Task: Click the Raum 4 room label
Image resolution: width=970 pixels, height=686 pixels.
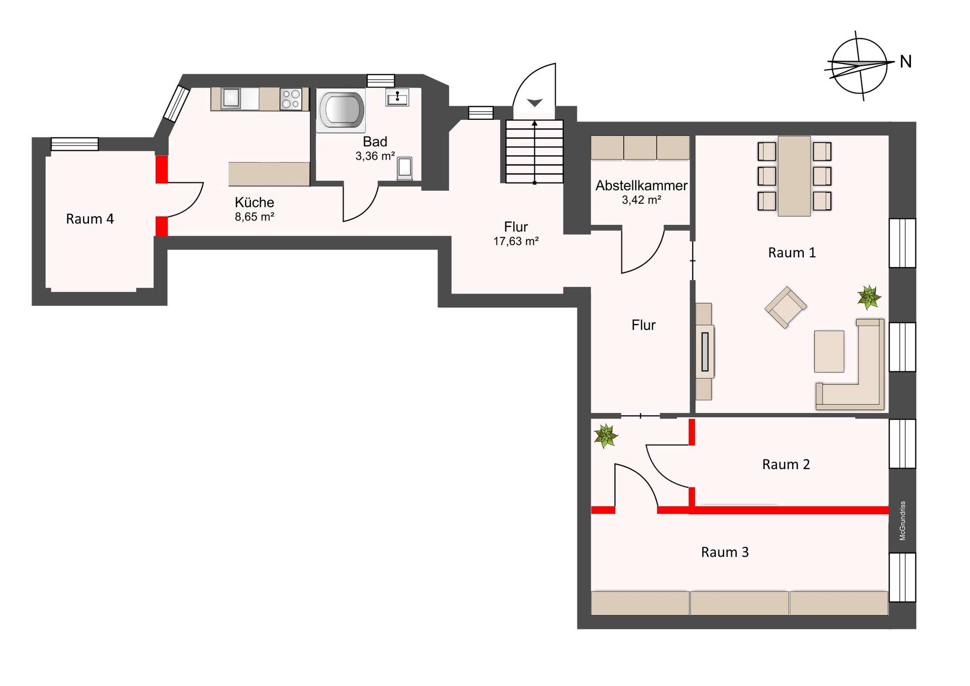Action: click(90, 219)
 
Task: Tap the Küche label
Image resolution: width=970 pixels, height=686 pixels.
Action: click(254, 202)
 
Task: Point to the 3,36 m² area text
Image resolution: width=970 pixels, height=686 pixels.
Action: click(375, 156)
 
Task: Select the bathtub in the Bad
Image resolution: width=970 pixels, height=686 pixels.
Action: click(341, 111)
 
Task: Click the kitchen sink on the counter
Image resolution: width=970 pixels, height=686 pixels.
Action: click(231, 98)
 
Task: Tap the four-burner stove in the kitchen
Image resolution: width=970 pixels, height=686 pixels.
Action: click(291, 99)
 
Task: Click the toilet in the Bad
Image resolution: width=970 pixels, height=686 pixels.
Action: click(405, 169)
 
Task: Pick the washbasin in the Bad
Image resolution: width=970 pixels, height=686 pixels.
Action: click(398, 97)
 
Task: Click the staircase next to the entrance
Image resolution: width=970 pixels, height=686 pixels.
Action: click(535, 151)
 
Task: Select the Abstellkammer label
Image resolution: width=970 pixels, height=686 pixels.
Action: click(641, 186)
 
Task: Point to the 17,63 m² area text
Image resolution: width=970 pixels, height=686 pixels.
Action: click(516, 242)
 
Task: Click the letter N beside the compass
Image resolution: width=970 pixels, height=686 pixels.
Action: click(906, 62)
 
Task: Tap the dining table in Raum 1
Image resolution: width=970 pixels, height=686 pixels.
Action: click(794, 176)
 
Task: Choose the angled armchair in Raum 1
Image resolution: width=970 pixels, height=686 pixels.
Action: click(786, 307)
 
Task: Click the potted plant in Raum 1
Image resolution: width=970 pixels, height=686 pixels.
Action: click(869, 297)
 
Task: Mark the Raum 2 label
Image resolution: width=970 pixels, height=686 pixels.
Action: click(786, 465)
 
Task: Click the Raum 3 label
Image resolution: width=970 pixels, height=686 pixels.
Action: click(725, 552)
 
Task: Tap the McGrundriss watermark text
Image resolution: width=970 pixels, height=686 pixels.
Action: click(902, 521)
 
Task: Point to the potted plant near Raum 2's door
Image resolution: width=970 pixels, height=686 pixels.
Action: click(605, 436)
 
